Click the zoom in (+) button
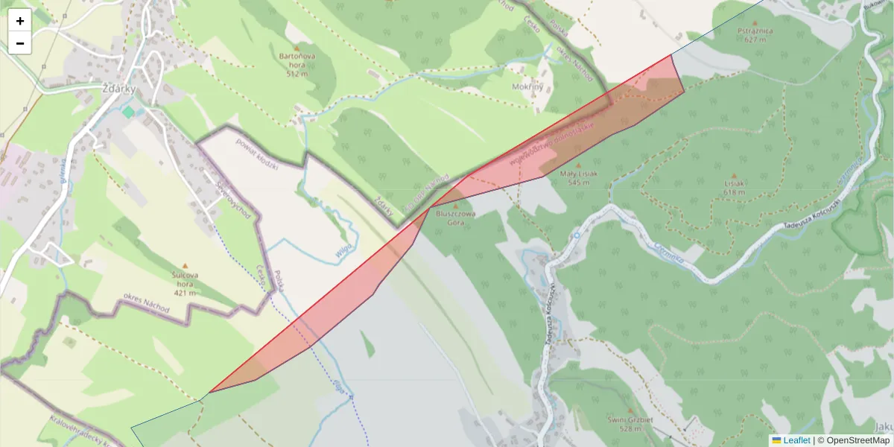point(20,20)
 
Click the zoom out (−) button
point(20,43)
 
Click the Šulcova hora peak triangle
point(185,265)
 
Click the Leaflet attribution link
point(791,440)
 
